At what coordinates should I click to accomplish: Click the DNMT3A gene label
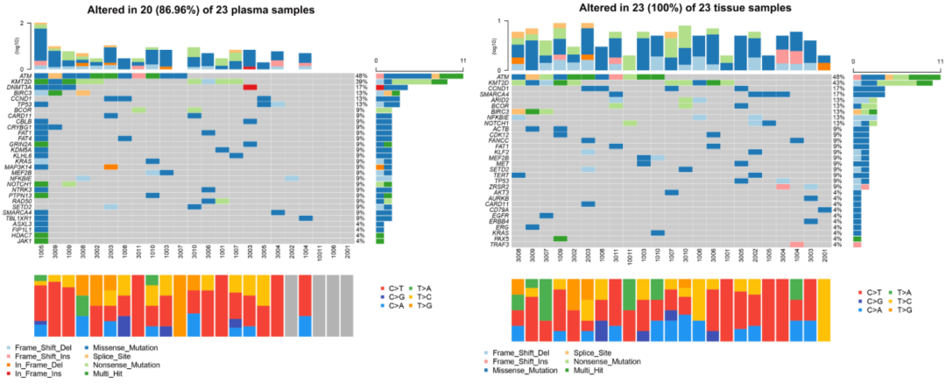[23, 88]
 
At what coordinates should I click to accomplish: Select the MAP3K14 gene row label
[22, 167]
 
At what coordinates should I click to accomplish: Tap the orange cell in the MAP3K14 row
[110, 167]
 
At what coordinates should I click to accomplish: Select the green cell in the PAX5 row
[561, 238]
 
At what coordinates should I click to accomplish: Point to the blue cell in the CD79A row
[824, 210]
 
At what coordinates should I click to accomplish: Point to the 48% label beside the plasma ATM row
[362, 76]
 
